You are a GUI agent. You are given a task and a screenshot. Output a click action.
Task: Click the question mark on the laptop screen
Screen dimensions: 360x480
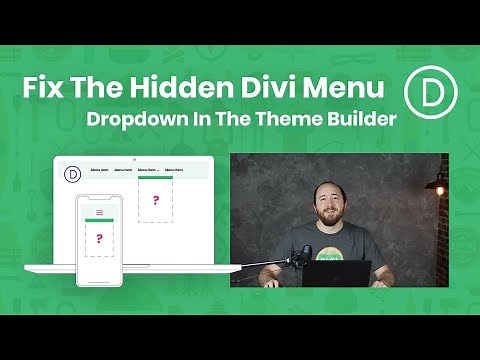coord(156,201)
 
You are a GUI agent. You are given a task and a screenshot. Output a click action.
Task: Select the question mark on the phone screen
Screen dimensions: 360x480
coord(99,239)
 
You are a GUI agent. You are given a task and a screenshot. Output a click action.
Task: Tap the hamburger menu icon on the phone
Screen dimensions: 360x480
coord(99,212)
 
